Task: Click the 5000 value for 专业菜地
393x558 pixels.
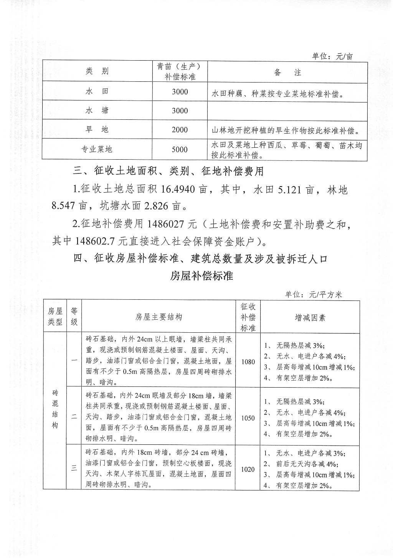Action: tap(180, 150)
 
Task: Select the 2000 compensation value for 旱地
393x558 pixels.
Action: tap(180, 130)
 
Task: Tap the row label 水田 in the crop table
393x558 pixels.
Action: tap(97, 92)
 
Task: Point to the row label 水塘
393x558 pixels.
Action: tap(97, 111)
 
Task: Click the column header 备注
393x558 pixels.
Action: tap(287, 72)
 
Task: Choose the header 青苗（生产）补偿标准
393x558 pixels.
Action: tap(180, 72)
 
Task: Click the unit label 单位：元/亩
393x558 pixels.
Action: tap(332, 56)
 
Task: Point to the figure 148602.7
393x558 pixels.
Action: tap(97, 241)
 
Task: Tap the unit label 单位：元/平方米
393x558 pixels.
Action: tap(314, 295)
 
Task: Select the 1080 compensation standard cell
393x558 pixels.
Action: tap(248, 362)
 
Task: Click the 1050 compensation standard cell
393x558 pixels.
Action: tap(248, 418)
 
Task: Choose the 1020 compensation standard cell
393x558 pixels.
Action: tap(248, 469)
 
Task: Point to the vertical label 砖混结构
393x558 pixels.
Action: tap(55, 409)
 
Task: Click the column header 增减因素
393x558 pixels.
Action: tap(310, 317)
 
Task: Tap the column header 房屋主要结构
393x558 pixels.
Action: tap(159, 317)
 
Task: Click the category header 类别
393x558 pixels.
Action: tap(97, 72)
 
